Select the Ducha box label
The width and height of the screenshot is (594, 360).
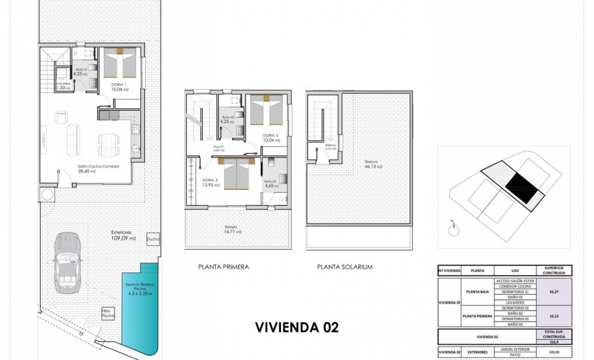(x=153, y=240)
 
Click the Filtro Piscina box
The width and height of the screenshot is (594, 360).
(x=108, y=313)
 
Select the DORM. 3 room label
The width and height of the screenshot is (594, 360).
(x=208, y=183)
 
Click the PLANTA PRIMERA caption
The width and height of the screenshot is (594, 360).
(x=223, y=267)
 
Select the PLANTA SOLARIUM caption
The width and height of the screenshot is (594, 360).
(x=345, y=267)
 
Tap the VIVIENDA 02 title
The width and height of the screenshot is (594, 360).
(x=297, y=327)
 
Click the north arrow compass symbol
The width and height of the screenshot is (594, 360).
(x=454, y=229)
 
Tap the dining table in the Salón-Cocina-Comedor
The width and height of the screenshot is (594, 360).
(x=108, y=144)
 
